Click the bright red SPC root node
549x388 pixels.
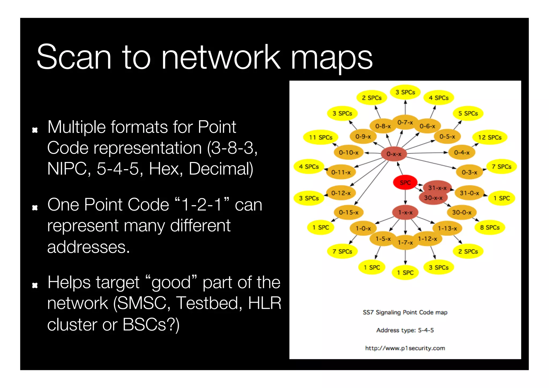coord(405,183)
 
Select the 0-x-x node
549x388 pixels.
coord(394,154)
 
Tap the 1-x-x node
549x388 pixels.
coord(405,212)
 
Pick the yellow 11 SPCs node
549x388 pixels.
coord(321,137)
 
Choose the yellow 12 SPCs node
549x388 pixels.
coord(490,137)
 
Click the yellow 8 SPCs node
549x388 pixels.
coord(490,227)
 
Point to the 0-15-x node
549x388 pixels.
coord(348,212)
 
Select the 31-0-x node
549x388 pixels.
coord(469,193)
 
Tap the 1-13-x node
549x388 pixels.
coord(447,228)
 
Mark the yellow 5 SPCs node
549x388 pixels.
coord(468,113)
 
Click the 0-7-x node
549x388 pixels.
coord(405,122)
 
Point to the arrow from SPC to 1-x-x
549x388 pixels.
coord(405,198)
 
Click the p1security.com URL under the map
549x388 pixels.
coord(405,348)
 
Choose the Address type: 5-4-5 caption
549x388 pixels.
coord(405,330)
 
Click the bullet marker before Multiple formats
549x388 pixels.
coord(35,130)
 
